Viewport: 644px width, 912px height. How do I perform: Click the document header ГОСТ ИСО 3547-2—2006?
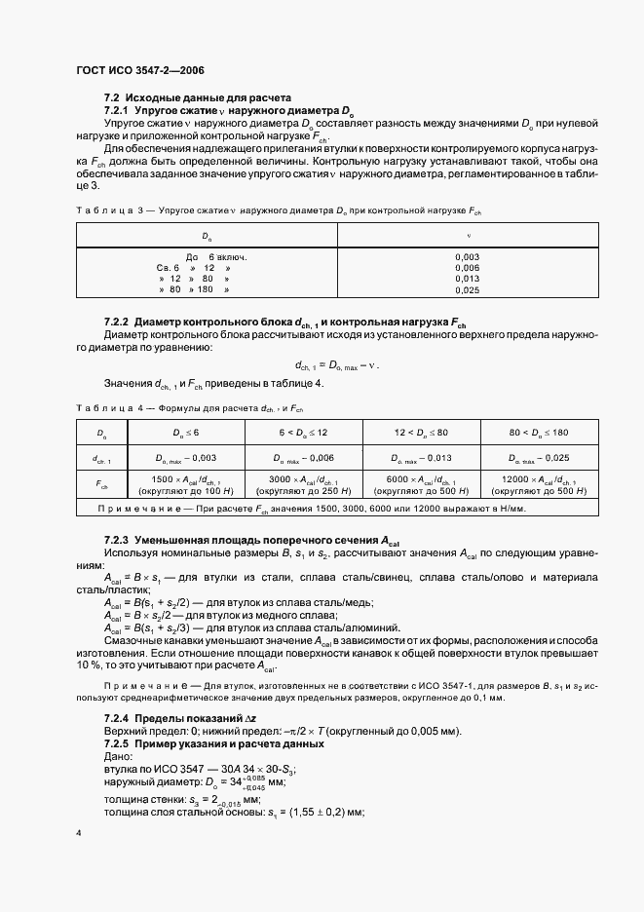(x=139, y=69)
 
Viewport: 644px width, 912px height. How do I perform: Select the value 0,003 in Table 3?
(x=467, y=255)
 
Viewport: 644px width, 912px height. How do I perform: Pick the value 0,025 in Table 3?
(x=467, y=290)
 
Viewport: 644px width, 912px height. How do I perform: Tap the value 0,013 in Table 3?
(x=467, y=279)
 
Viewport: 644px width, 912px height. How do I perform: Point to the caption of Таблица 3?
(x=278, y=210)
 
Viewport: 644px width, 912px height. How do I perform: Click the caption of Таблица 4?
(x=189, y=408)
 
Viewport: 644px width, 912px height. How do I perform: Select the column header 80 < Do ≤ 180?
(x=532, y=432)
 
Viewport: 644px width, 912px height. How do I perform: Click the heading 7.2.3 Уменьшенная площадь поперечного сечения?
(x=251, y=540)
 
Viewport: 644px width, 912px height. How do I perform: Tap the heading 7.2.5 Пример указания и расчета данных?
(x=224, y=744)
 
